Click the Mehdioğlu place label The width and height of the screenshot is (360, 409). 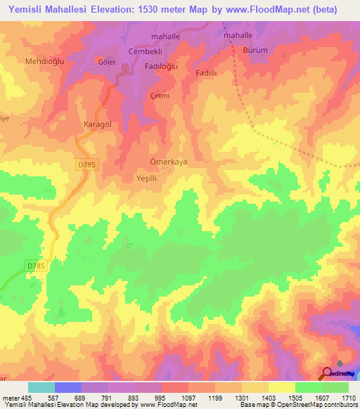pyautogui.click(x=45, y=62)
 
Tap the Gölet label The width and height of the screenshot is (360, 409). pyautogui.click(x=107, y=62)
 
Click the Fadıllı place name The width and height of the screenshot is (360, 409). pyautogui.click(x=209, y=72)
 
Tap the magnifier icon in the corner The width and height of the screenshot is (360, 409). pyautogui.click(x=328, y=373)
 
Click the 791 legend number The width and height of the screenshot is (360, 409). pyautogui.click(x=107, y=398)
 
